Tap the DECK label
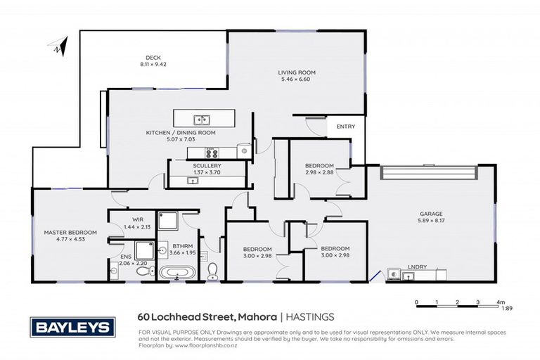coord(153,58)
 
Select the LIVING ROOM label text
coord(296,72)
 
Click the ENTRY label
coord(346,127)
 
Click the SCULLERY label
coord(207,165)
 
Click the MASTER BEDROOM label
coord(70,232)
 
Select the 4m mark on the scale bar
coord(499,302)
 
